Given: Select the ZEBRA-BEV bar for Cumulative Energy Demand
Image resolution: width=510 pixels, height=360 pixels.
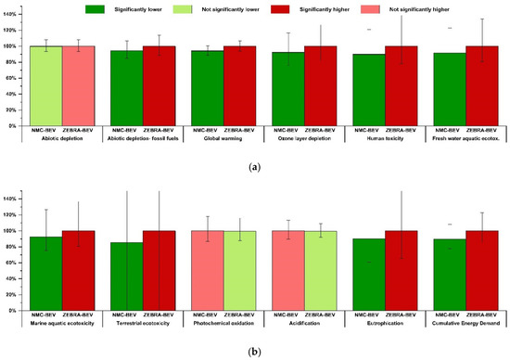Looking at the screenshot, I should click(x=482, y=270).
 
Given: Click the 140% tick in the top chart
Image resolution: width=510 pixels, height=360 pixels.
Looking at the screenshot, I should click(x=14, y=15).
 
